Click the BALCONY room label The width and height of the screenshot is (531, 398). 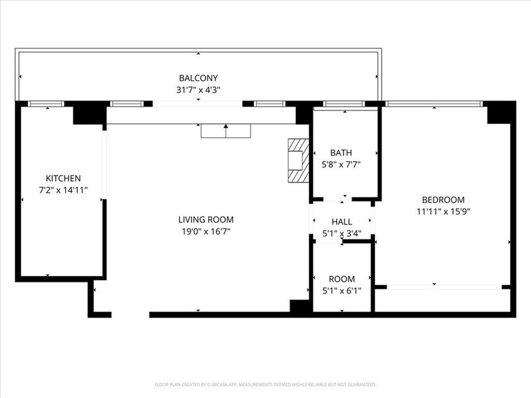[198, 78]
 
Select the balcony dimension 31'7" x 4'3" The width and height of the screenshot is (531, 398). [198, 90]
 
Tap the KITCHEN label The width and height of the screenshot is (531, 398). [63, 178]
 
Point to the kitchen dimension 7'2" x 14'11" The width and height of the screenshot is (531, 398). [63, 190]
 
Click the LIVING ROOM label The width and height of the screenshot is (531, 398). [205, 220]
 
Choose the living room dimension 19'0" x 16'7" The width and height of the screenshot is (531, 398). [205, 231]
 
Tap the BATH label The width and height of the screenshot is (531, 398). [341, 152]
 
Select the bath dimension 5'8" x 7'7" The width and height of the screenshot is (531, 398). [341, 164]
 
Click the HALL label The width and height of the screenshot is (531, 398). [341, 222]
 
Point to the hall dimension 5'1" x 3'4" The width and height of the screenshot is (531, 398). [341, 234]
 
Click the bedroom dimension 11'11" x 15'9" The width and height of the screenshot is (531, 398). [443, 212]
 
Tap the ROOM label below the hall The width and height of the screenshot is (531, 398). [341, 279]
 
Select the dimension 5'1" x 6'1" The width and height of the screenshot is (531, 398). [341, 291]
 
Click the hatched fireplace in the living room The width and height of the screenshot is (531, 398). [296, 160]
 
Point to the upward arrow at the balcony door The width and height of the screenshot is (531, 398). [226, 131]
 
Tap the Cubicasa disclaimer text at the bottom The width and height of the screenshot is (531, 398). [265, 384]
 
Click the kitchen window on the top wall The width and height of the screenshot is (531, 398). [47, 103]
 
